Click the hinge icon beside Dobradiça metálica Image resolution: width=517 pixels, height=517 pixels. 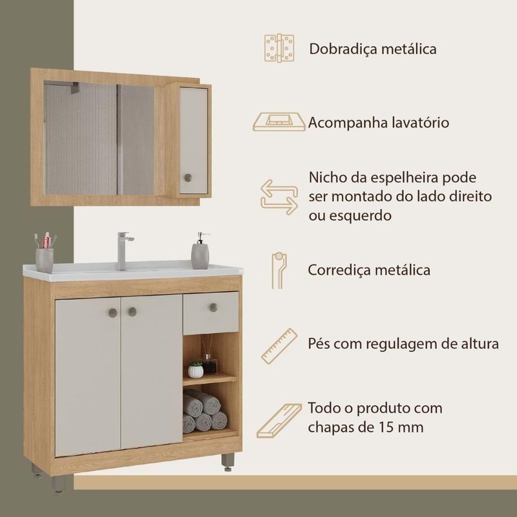click(x=279, y=48)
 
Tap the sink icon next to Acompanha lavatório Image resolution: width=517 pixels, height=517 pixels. click(x=279, y=121)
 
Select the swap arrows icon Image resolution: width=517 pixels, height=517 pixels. click(x=279, y=197)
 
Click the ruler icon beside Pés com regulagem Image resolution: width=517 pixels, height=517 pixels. click(x=279, y=346)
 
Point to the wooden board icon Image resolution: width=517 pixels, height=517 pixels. click(x=279, y=421)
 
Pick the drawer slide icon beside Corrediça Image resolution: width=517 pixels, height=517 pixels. click(x=279, y=271)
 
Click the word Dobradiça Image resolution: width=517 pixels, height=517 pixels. click(x=343, y=49)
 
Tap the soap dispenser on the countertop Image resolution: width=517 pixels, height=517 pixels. click(x=200, y=251)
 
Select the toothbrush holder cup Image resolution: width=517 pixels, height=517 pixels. click(x=45, y=260)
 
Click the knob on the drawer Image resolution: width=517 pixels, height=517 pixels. click(x=214, y=308)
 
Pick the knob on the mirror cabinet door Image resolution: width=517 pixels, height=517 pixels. click(x=188, y=178)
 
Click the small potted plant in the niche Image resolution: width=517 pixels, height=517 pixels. click(x=196, y=370)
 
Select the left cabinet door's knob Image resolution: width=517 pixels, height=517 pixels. click(x=112, y=313)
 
